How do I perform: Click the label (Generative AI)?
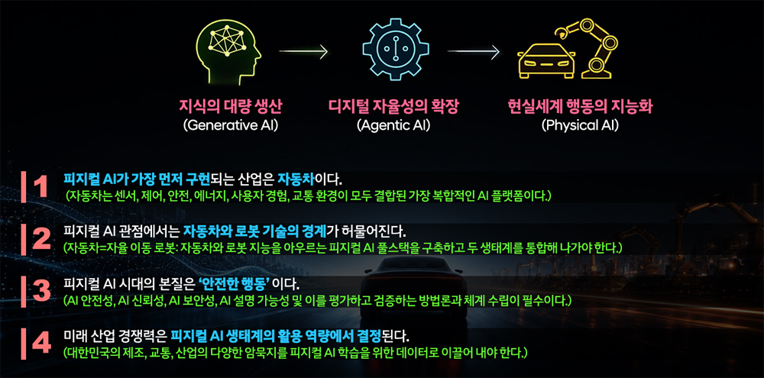pos(231,126)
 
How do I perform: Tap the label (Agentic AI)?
pos(393,126)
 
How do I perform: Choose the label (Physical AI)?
pos(580,126)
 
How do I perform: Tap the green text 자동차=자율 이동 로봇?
pos(121,248)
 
